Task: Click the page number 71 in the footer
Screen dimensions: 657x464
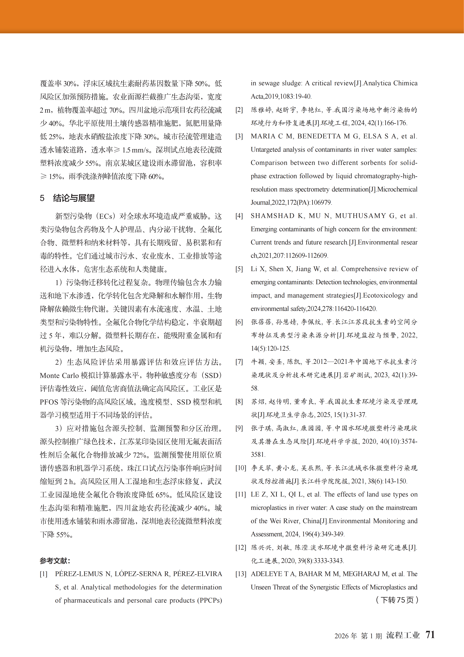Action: (x=430, y=635)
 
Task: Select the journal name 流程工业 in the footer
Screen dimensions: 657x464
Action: (x=403, y=635)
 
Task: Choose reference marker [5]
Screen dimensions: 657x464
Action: (x=239, y=269)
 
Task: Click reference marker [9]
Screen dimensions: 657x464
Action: (x=239, y=428)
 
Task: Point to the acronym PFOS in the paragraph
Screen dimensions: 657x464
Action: (x=49, y=402)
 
